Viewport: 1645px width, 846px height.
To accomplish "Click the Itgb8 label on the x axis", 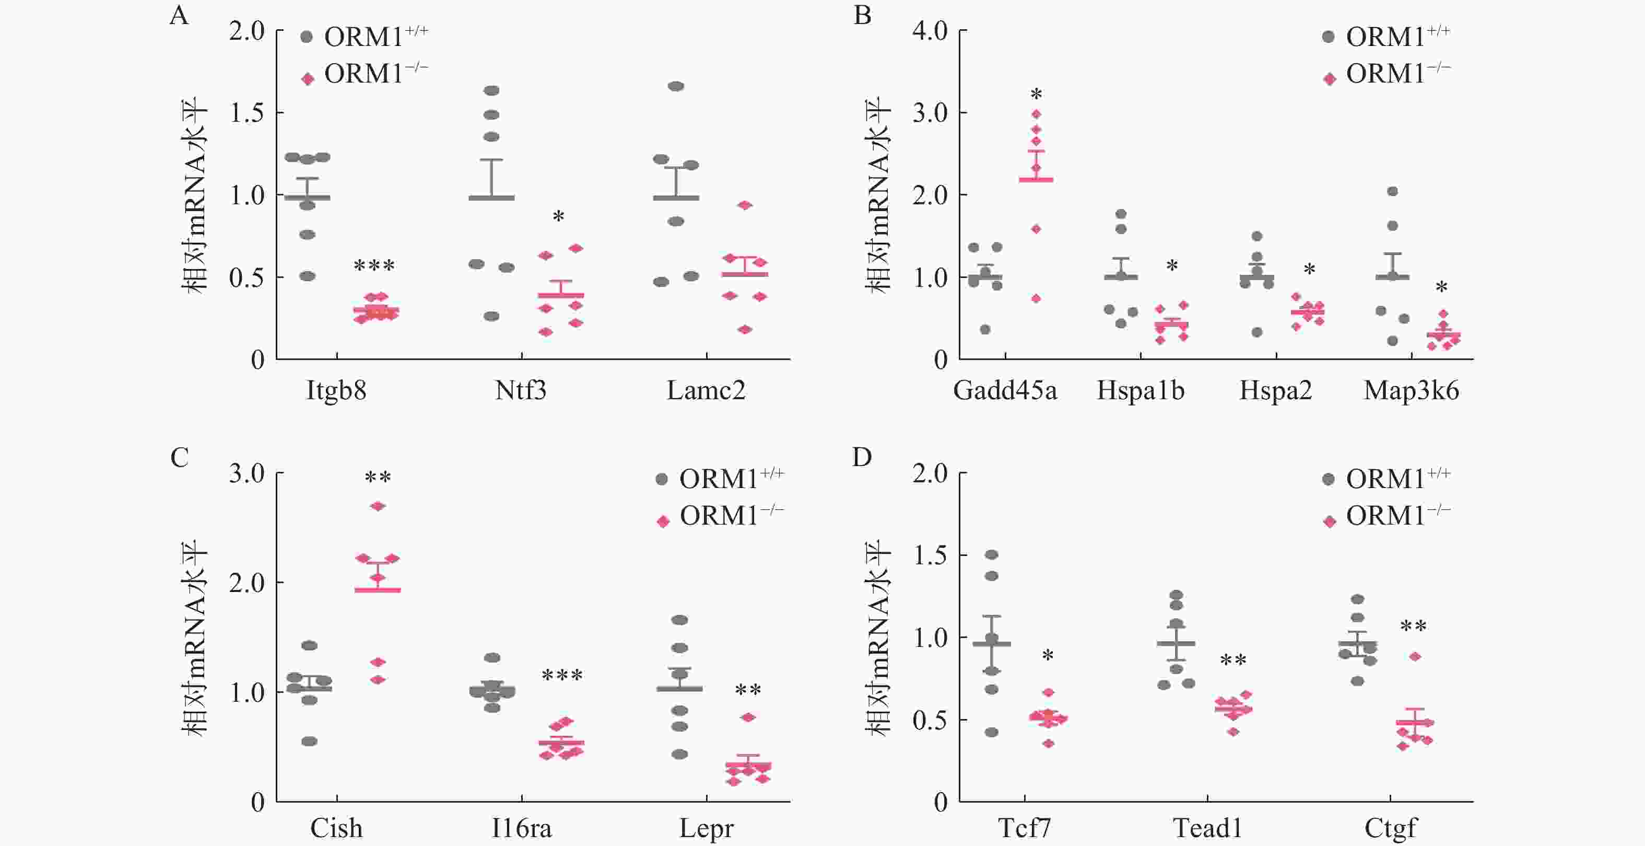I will tap(336, 390).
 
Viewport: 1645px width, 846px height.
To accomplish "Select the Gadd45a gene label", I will tap(1005, 390).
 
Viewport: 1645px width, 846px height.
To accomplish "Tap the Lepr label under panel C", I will tap(706, 828).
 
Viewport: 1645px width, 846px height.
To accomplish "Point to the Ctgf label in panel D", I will tap(1390, 828).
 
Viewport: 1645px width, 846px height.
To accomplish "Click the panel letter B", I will tap(862, 15).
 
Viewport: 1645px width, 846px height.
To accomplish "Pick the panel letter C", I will tap(180, 458).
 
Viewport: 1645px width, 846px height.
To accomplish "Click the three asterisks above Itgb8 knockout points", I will tap(374, 265).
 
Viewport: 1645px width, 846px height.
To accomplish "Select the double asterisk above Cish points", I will tap(378, 477).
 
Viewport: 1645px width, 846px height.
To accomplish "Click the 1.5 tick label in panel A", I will tap(247, 113).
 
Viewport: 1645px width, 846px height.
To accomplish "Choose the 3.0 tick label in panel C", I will tap(247, 473).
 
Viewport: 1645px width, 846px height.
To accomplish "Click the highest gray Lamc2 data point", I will tap(676, 86).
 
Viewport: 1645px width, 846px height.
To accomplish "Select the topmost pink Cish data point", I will tap(378, 506).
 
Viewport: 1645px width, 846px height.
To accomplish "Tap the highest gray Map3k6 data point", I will tap(1393, 191).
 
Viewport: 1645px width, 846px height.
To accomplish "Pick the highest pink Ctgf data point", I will tap(1415, 656).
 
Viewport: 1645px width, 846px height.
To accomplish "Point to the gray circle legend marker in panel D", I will tap(1328, 479).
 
